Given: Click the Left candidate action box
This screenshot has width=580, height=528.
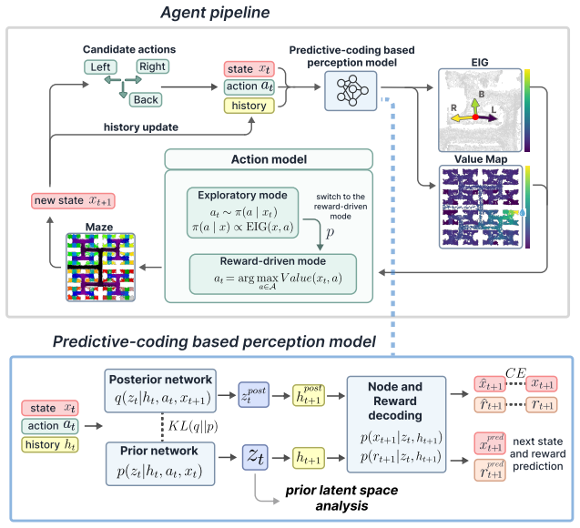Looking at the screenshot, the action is point(100,67).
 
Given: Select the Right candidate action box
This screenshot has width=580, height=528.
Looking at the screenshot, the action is point(152,66).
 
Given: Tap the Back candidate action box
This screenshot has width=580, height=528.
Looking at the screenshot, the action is point(146,100).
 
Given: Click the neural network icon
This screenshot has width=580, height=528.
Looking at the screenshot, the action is point(351,91).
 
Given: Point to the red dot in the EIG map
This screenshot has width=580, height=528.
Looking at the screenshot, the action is point(475,117).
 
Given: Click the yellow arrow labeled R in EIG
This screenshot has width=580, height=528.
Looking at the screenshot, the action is point(462,118).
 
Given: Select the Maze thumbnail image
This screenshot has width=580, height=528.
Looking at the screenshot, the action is point(100,268).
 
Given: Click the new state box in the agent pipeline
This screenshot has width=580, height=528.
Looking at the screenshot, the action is point(73,201).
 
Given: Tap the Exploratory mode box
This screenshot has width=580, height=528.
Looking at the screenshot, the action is point(242,212).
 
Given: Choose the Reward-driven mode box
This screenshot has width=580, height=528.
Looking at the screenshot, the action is point(273,274).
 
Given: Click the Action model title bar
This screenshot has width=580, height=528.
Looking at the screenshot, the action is point(269,159).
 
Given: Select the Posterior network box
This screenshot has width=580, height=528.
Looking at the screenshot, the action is point(160,391).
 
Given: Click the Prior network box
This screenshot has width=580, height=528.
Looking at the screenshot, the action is point(160,463).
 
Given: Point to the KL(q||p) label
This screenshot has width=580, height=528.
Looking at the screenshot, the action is point(193,426).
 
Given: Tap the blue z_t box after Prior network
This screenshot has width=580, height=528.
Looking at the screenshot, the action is point(255,457).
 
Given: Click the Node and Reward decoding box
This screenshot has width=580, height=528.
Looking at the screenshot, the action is point(396,424).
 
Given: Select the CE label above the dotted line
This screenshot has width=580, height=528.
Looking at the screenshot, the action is point(515,372).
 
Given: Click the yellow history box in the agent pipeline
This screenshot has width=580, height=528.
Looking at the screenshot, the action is point(249,106).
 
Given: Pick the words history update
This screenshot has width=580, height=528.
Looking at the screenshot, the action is point(141,127).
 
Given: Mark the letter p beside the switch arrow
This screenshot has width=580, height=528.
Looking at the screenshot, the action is point(330,232).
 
